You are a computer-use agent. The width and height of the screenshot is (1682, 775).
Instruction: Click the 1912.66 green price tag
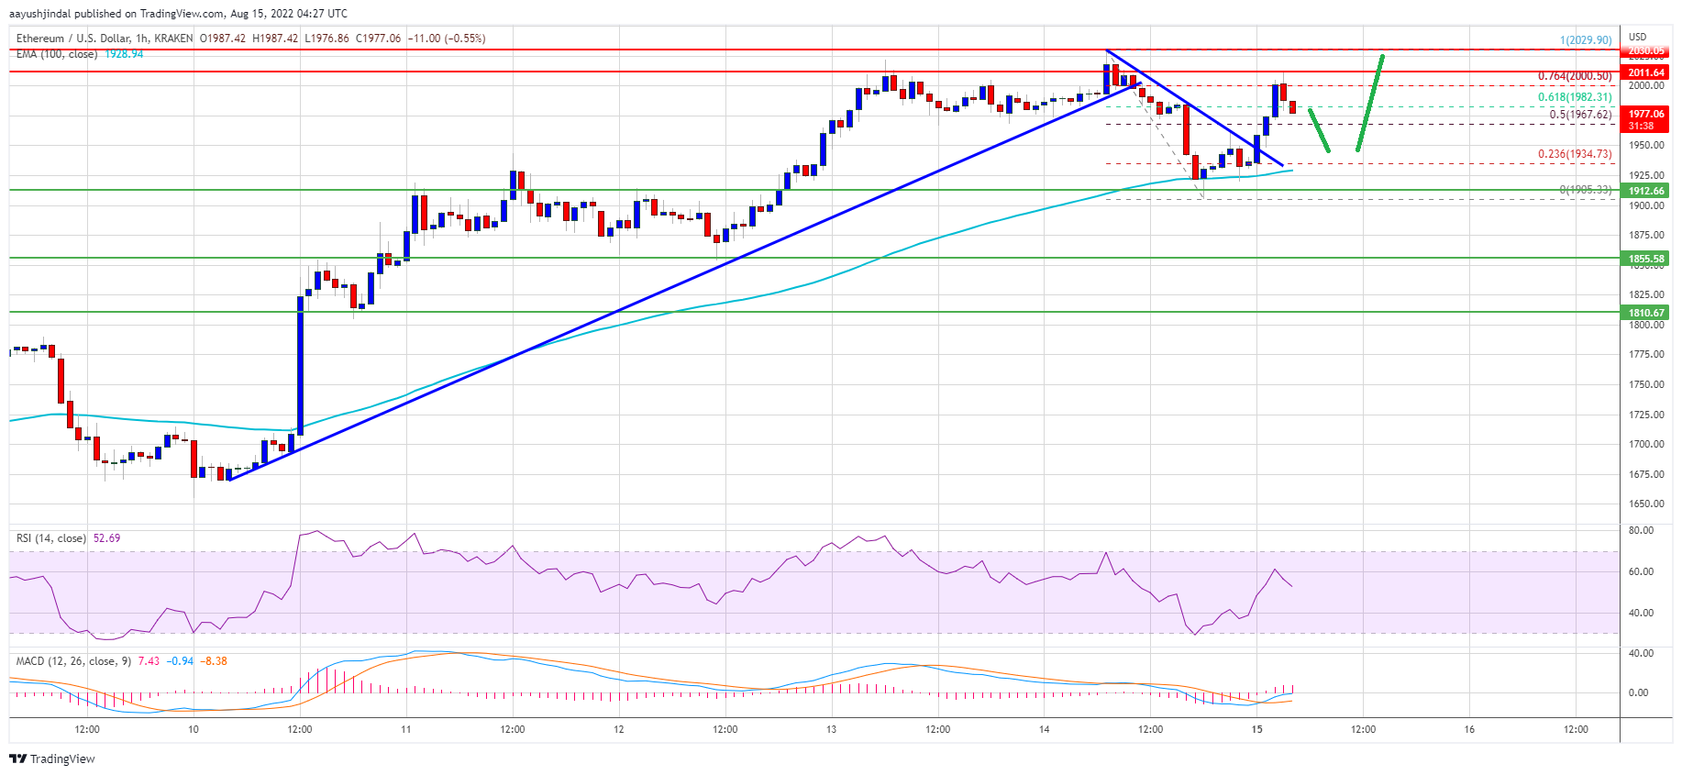(1646, 191)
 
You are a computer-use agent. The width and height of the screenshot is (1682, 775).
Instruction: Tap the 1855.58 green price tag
(1646, 259)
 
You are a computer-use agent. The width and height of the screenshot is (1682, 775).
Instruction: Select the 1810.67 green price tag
(1646, 313)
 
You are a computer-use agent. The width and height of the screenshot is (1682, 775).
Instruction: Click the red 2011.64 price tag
(1646, 72)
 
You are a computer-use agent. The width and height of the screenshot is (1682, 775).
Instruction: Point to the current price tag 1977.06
(1646, 115)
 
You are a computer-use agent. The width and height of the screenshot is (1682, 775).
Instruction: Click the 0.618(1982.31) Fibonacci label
(1574, 97)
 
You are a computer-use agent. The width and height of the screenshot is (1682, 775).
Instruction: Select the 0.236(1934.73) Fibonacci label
(1574, 154)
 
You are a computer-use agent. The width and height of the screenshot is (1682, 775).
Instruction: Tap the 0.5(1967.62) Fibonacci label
(1579, 115)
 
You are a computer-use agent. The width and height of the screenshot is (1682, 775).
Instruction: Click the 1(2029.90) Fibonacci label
(1585, 40)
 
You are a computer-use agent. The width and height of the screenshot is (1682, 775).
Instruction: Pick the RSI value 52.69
(106, 538)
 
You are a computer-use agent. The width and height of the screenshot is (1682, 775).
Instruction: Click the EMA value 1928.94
(124, 54)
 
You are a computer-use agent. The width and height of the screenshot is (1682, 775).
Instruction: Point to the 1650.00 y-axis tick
(1645, 504)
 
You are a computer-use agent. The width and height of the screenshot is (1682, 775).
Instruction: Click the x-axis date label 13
(831, 729)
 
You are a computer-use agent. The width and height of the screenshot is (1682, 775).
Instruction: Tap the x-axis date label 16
(1469, 729)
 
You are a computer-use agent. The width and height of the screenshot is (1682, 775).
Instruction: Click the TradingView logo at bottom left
(52, 758)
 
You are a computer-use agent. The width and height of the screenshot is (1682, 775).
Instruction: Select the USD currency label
(1637, 37)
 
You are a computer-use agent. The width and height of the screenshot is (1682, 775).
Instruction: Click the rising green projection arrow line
(1370, 103)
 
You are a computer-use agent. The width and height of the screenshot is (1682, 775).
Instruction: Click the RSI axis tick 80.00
(1641, 530)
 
